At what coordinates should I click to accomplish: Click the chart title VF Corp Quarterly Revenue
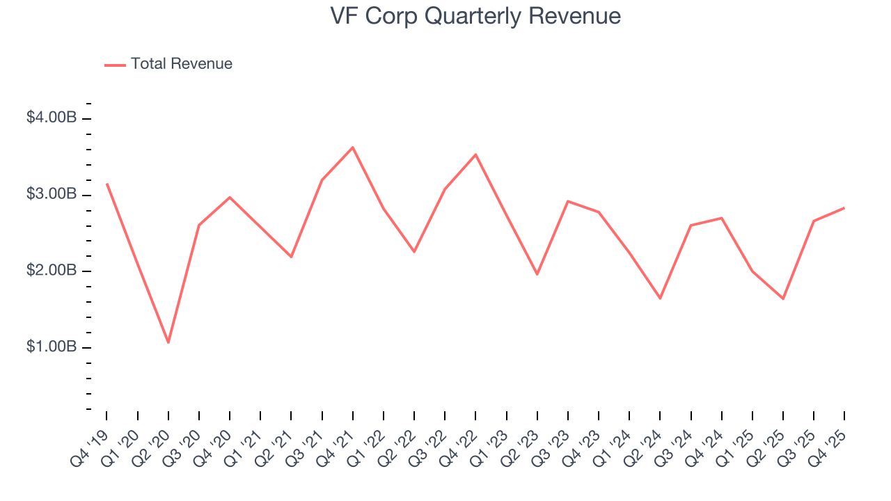pyautogui.click(x=475, y=16)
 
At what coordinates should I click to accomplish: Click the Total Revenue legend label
pyautogui.click(x=181, y=64)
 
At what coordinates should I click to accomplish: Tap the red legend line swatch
pyautogui.click(x=115, y=65)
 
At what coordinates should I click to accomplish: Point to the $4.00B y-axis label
pyautogui.click(x=52, y=118)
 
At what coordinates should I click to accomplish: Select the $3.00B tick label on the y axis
pyautogui.click(x=52, y=194)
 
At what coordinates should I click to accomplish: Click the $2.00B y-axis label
pyautogui.click(x=52, y=271)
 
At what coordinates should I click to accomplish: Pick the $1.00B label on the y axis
pyautogui.click(x=52, y=347)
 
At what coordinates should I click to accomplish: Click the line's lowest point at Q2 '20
pyautogui.click(x=168, y=342)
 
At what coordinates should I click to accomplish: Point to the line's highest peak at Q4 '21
pyautogui.click(x=353, y=148)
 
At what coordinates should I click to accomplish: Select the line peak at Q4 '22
pyautogui.click(x=475, y=154)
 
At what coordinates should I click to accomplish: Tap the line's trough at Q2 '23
pyautogui.click(x=537, y=274)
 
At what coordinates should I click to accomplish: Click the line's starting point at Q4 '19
pyautogui.click(x=107, y=184)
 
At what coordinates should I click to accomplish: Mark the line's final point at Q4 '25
pyautogui.click(x=844, y=208)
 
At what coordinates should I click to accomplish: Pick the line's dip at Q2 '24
pyautogui.click(x=660, y=299)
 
